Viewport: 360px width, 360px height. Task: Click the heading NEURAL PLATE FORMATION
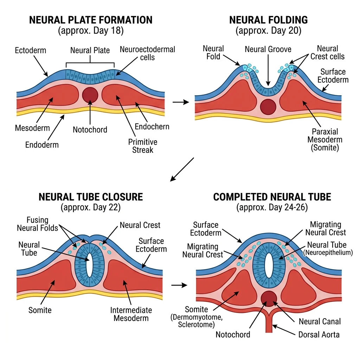(x=91, y=20)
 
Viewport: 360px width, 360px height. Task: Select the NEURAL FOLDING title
(x=268, y=20)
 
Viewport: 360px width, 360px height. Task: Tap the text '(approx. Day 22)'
(x=91, y=207)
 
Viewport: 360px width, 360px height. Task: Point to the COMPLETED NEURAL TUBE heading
(x=272, y=197)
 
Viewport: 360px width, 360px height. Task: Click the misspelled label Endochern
(x=152, y=127)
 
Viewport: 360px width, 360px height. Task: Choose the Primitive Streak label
(x=142, y=146)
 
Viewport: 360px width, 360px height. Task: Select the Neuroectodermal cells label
(x=147, y=53)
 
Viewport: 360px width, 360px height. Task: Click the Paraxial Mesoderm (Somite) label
(x=324, y=140)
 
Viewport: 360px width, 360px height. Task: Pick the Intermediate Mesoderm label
(x=131, y=314)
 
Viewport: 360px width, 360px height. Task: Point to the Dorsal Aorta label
(x=319, y=334)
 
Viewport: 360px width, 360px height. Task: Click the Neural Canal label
(x=320, y=321)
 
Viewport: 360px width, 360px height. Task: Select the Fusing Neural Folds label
(x=37, y=224)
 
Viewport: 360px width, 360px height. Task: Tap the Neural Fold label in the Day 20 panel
(x=213, y=52)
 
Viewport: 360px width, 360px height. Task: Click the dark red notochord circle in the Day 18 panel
(x=90, y=94)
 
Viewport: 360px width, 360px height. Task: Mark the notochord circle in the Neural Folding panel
(x=268, y=107)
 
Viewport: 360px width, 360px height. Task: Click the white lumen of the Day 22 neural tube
(x=90, y=264)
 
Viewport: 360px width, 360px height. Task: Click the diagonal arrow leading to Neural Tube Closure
(x=182, y=169)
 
